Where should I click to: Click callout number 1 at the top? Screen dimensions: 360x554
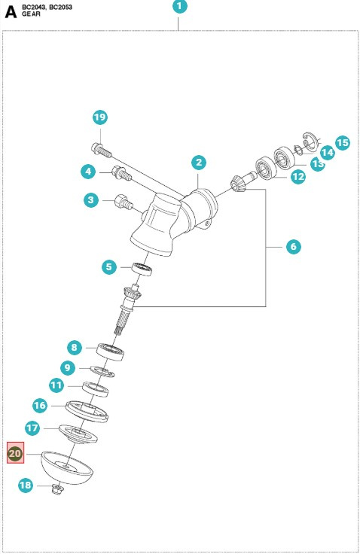click(180, 6)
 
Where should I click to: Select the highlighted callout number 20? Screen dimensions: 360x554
click(16, 453)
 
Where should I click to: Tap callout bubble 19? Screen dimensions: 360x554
click(100, 117)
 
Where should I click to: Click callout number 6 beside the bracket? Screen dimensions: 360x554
click(294, 246)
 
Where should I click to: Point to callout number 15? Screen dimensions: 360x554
click(343, 143)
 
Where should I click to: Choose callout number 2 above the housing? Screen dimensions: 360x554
click(199, 163)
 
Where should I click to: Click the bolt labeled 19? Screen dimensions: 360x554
click(102, 150)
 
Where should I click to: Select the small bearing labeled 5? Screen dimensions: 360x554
click(142, 269)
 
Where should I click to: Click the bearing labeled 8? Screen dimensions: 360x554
click(110, 352)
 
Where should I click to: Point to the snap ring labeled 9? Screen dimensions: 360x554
click(102, 371)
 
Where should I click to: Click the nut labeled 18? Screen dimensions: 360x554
click(57, 489)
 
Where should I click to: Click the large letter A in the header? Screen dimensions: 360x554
click(11, 12)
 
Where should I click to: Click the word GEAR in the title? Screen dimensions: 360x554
click(31, 14)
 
